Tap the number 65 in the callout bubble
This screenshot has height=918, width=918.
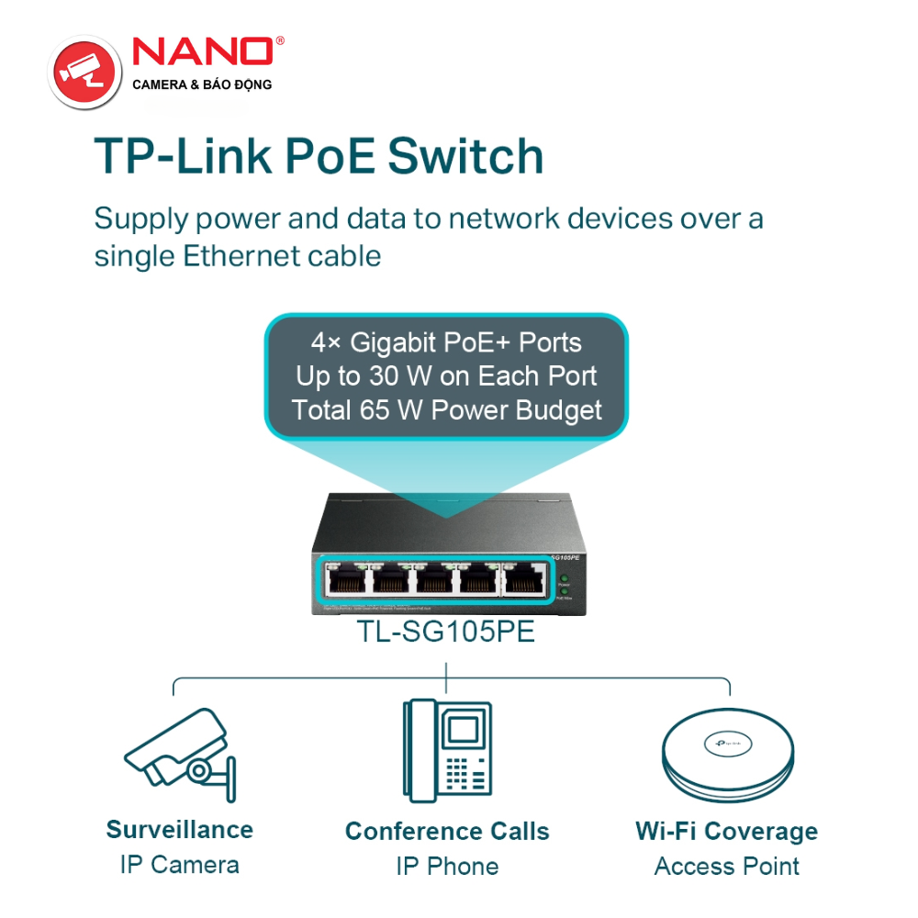point(381,409)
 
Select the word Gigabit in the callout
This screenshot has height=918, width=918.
point(395,343)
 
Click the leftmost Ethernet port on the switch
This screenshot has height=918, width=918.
point(347,581)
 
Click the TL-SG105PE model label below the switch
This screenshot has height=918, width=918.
point(445,633)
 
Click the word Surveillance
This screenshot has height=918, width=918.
point(180,830)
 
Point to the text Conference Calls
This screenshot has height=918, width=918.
point(447,832)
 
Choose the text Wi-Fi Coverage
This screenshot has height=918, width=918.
point(726,832)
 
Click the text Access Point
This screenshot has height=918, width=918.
point(726,867)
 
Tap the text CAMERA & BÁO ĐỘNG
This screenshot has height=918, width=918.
point(202,85)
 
